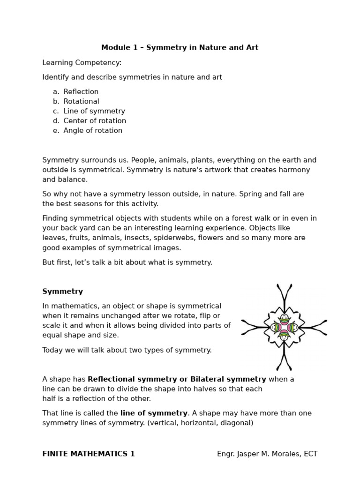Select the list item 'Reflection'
pyautogui.click(x=81, y=91)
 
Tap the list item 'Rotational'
pyautogui.click(x=82, y=101)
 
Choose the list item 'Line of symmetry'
pyautogui.click(x=94, y=111)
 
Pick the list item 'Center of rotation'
pyautogui.click(x=95, y=121)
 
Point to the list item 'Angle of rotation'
pyautogui.click(x=93, y=131)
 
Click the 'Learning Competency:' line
pyautogui.click(x=82, y=62)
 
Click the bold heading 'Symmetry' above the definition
pyautogui.click(x=62, y=292)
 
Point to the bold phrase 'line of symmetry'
pyautogui.click(x=154, y=413)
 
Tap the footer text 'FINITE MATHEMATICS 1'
pyautogui.click(x=89, y=454)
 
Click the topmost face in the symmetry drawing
pyautogui.click(x=284, y=318)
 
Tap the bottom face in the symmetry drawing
pyautogui.click(x=284, y=336)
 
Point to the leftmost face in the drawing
pyautogui.click(x=275, y=327)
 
